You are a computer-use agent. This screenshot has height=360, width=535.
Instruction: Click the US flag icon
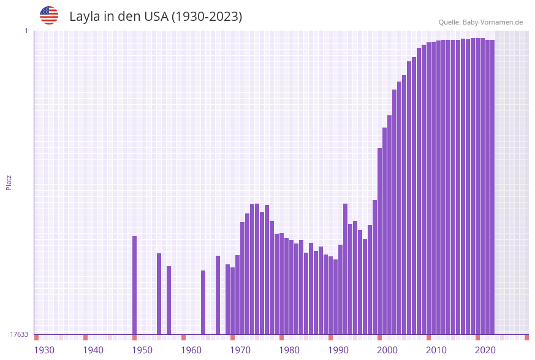coord(49,15)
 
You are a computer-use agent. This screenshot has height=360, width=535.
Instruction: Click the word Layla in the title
coord(85,17)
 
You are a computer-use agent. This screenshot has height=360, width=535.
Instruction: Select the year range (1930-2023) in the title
coord(207,17)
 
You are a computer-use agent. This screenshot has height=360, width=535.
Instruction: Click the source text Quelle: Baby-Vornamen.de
coord(480,22)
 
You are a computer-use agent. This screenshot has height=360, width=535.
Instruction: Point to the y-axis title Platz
coord(9,182)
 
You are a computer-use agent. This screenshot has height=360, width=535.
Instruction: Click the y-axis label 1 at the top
coord(26,31)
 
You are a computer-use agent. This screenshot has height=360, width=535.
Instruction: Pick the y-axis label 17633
coord(19,334)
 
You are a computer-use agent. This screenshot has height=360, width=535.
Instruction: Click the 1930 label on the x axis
coord(44,350)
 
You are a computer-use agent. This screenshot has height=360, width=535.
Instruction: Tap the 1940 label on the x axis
coord(93,350)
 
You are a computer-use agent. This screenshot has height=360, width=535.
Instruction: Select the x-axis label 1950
coord(142,350)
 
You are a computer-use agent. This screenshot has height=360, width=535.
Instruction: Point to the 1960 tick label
coord(191,350)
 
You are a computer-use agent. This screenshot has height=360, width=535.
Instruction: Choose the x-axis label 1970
coord(240,350)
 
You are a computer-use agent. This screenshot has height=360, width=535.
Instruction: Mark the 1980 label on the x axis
coord(289,350)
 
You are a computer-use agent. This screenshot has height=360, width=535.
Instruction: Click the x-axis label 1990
coord(338,350)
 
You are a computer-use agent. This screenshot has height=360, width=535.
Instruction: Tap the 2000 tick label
coord(387,350)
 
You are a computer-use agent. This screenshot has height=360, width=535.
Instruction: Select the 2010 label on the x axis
coord(436,350)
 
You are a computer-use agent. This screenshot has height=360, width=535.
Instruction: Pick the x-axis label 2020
coord(485,350)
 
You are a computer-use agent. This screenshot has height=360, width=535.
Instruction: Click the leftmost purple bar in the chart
coord(135,285)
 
